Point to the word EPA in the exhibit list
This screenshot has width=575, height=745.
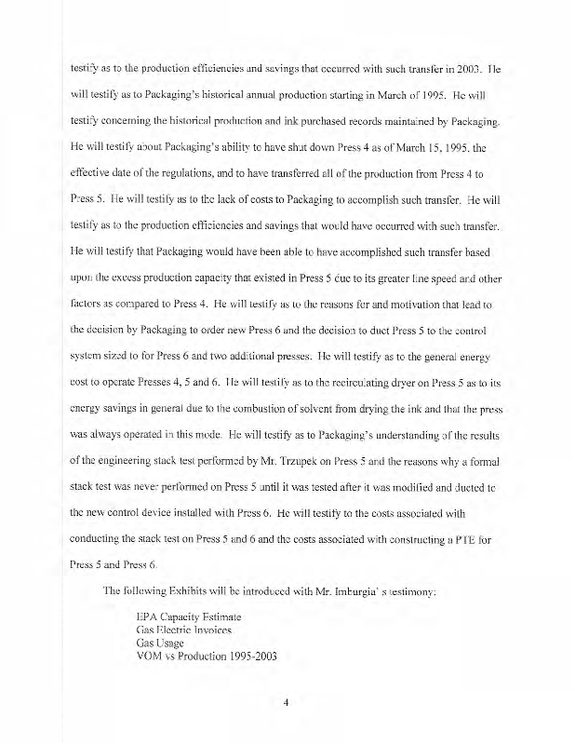[148, 616]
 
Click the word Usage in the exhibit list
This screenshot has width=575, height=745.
[174, 643]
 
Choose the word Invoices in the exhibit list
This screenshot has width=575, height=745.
[221, 630]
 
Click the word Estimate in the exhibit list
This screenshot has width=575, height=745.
[220, 616]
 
